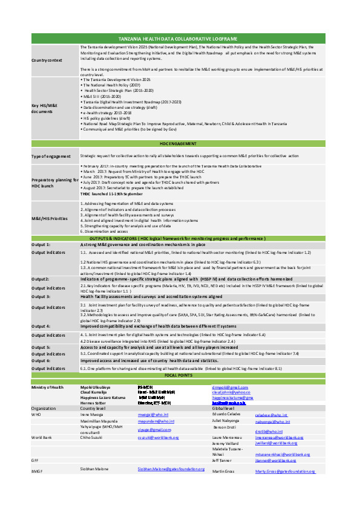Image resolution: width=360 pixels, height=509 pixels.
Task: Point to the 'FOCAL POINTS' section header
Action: [180, 375]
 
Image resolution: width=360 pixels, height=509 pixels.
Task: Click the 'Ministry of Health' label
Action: [49, 386]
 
